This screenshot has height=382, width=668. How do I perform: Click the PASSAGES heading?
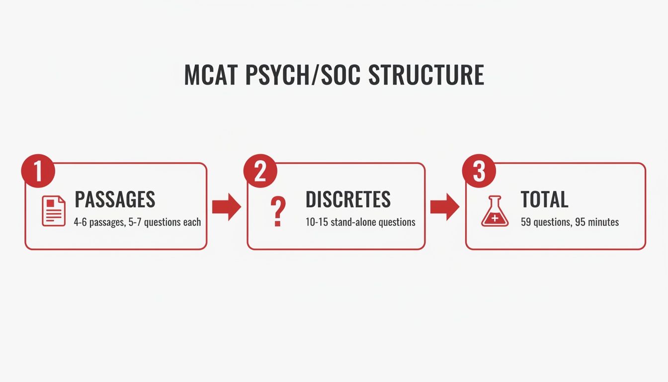tap(115, 199)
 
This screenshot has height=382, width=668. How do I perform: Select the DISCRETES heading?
tap(348, 199)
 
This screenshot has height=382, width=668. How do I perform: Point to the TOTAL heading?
tap(544, 199)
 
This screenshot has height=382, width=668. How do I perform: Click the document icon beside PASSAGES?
tap(54, 211)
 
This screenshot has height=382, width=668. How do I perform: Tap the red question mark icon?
tap(277, 212)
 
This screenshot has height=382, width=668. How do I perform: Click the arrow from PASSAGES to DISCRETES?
tap(226, 207)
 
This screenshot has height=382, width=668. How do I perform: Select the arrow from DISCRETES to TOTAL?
tap(444, 207)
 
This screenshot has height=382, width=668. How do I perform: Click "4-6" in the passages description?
tap(81, 222)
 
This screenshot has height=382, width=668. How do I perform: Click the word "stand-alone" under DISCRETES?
tap(353, 222)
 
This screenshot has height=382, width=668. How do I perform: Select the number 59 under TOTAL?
tap(526, 222)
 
